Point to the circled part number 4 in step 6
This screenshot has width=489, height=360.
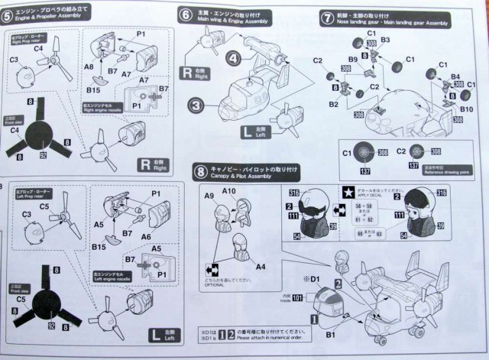(x=234, y=57)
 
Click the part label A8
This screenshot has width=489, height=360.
(x=89, y=67)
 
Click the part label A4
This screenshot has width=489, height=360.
(x=261, y=266)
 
